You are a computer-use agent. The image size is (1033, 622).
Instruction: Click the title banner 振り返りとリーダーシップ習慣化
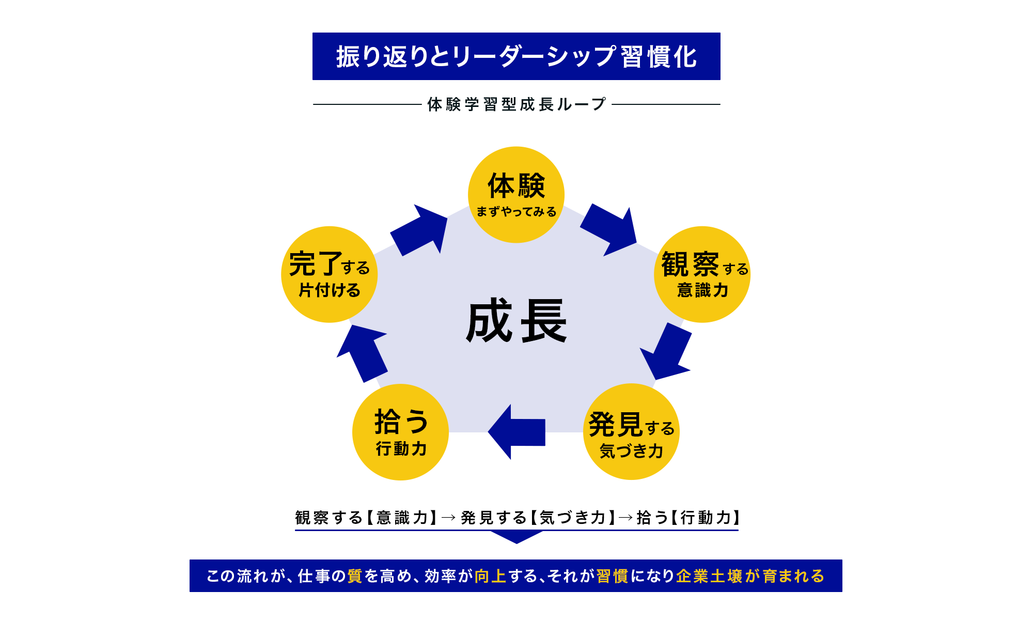click(x=516, y=56)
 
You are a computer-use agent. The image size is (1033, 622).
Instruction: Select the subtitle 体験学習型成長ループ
click(x=516, y=104)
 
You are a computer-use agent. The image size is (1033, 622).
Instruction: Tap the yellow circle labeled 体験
click(x=516, y=194)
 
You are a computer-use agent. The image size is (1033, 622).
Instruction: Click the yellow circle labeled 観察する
click(x=702, y=274)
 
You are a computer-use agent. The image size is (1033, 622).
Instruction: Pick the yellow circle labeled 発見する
click(x=631, y=431)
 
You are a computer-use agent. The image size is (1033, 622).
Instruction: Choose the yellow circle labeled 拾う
click(x=400, y=432)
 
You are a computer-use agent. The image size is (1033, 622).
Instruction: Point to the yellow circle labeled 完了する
click(x=330, y=274)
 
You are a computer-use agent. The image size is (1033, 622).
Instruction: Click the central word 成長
click(x=516, y=321)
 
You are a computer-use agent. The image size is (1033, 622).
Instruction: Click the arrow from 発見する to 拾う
click(x=516, y=432)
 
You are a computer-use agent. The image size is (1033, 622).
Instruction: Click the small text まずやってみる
click(x=516, y=212)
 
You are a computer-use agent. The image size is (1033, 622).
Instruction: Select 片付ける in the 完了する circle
click(x=330, y=290)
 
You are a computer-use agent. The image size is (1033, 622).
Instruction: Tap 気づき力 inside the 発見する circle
click(x=631, y=451)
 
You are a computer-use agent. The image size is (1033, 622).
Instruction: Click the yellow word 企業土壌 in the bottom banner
click(x=709, y=576)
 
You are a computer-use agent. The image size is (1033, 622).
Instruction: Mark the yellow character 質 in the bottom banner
click(x=355, y=576)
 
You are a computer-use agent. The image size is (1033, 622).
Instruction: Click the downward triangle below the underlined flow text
click(x=516, y=537)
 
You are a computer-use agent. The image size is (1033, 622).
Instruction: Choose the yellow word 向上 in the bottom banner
click(x=490, y=576)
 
